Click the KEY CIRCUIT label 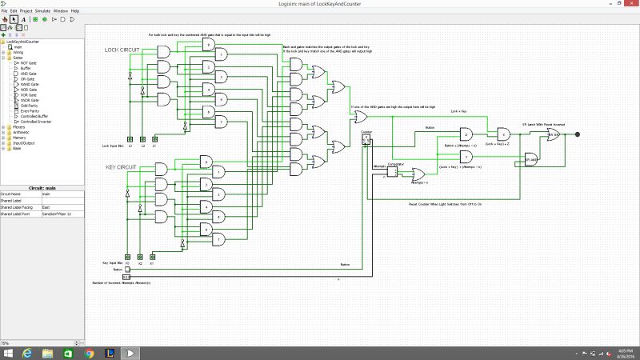point(122,167)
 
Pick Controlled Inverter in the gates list point(36,122)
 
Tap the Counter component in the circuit point(366,138)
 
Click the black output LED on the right point(578,134)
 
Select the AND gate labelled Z point(503,134)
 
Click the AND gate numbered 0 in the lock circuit point(208,46)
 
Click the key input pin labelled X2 point(140,256)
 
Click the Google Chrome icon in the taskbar point(88,352)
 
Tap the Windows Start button point(7,352)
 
